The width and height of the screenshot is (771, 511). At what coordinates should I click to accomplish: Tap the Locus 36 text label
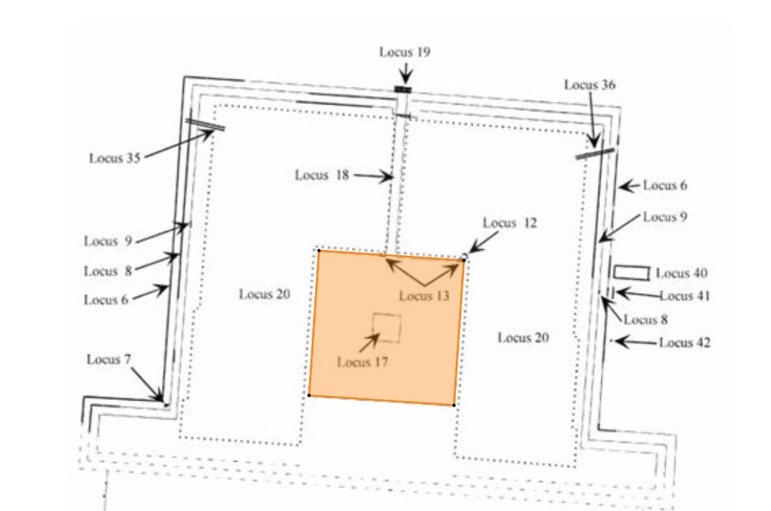(x=589, y=85)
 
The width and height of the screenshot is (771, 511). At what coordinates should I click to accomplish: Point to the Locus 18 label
(x=322, y=175)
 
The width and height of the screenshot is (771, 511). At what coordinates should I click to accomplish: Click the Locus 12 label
(x=510, y=223)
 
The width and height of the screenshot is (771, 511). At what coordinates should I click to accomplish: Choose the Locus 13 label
(x=424, y=296)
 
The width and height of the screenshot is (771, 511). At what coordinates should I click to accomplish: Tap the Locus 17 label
(x=362, y=362)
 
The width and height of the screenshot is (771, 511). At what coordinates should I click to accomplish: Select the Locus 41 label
(x=685, y=296)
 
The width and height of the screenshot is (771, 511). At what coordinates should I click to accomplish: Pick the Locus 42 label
(x=685, y=343)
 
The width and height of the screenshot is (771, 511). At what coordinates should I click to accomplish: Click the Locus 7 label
(x=109, y=359)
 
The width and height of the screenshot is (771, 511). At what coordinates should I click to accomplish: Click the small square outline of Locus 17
(x=387, y=328)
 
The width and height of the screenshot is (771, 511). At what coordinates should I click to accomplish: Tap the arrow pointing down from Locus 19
(x=406, y=72)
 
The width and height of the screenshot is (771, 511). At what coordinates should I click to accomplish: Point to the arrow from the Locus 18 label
(x=374, y=176)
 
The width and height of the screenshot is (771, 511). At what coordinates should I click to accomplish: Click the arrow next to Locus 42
(x=635, y=342)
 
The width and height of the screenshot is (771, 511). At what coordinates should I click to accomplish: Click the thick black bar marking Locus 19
(x=403, y=89)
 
